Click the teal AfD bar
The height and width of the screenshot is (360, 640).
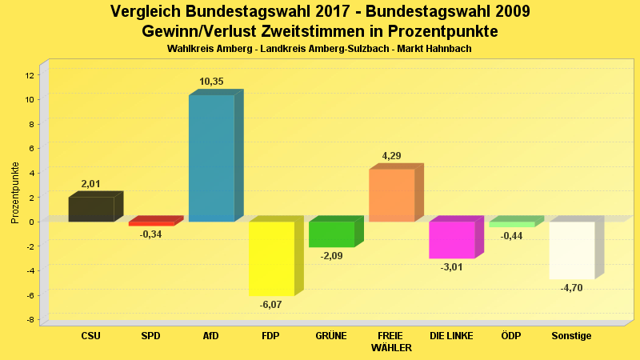(x=211, y=158)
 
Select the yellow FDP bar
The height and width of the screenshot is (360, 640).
(x=271, y=258)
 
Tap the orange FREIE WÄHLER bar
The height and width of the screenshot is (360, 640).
(x=391, y=195)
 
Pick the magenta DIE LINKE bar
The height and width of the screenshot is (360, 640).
(x=451, y=240)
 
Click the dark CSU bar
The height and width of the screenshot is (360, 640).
(x=90, y=209)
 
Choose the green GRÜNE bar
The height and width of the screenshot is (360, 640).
(x=331, y=234)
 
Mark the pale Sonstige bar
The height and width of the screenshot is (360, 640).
(x=571, y=250)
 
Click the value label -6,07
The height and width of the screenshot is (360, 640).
(x=270, y=305)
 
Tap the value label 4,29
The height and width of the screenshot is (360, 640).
(x=391, y=156)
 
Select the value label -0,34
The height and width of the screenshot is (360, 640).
(x=150, y=234)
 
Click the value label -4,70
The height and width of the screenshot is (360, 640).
(x=571, y=288)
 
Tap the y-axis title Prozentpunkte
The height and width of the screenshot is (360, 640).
(x=15, y=192)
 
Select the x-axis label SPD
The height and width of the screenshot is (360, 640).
(x=150, y=336)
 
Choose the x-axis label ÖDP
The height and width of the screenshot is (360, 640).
(x=510, y=336)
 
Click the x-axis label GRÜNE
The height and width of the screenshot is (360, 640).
(x=331, y=336)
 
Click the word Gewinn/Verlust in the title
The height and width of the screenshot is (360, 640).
(x=206, y=31)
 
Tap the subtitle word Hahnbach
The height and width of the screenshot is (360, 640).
(x=449, y=49)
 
